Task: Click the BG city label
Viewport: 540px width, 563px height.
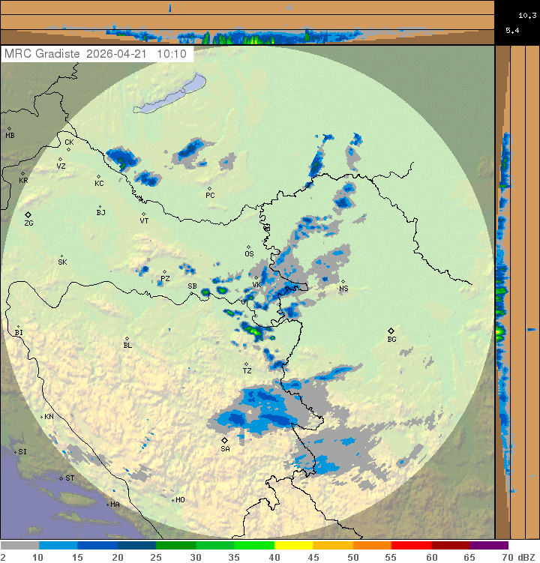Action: tap(391, 340)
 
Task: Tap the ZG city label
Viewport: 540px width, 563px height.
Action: tap(28, 223)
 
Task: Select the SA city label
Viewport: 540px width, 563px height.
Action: tap(225, 449)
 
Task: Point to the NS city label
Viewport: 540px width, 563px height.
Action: tap(343, 289)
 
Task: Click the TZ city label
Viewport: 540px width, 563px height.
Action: tap(247, 371)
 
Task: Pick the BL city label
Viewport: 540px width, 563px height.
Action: tap(127, 346)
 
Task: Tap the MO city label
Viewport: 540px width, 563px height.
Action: tap(180, 500)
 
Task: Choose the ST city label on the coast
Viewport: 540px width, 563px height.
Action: tap(70, 478)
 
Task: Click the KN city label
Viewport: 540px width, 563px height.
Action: tap(49, 417)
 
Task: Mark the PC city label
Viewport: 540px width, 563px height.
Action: tap(210, 196)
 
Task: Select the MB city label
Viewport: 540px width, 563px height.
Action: tap(10, 136)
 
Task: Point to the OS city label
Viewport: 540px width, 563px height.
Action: tap(249, 253)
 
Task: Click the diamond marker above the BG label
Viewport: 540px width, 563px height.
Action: tap(391, 331)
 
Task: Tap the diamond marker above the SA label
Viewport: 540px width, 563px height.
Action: tap(224, 440)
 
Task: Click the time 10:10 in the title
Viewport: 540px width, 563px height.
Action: tap(172, 55)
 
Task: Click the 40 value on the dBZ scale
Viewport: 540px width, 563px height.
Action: tap(274, 557)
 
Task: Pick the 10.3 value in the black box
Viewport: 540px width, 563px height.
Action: tap(526, 15)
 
